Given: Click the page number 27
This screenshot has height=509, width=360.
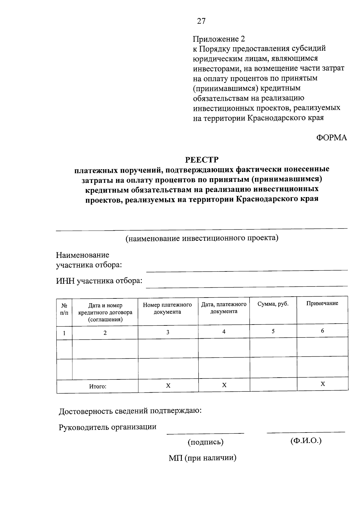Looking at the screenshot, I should tap(201, 21).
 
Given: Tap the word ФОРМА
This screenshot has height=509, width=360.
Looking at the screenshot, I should tap(331, 138).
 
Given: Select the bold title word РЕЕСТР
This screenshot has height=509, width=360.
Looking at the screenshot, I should tap(202, 159).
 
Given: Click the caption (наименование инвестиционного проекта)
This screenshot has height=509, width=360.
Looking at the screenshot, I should tap(202, 238).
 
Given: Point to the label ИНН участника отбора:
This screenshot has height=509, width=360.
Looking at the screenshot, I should tap(99, 281).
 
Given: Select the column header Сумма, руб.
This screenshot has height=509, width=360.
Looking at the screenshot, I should tap(273, 304).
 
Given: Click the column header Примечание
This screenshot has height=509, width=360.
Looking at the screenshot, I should tap(322, 303).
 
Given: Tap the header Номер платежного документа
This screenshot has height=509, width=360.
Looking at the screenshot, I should tap(167, 308).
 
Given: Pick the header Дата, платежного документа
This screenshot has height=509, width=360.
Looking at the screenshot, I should tap(224, 308).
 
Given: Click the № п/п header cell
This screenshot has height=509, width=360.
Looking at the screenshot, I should tap(64, 309).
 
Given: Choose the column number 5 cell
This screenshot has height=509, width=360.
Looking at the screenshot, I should tap(273, 331).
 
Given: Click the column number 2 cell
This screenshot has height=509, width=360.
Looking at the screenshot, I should tap(105, 333).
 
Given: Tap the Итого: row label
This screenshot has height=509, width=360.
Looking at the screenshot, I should tap(98, 387).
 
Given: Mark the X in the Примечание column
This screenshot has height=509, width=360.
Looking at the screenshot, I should tap(323, 384).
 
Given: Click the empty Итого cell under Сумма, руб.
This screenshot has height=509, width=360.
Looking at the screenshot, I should tap(273, 385).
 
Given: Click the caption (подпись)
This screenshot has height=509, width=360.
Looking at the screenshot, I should tap(205, 442).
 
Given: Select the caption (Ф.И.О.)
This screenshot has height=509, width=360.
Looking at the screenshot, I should tap(306, 441).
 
